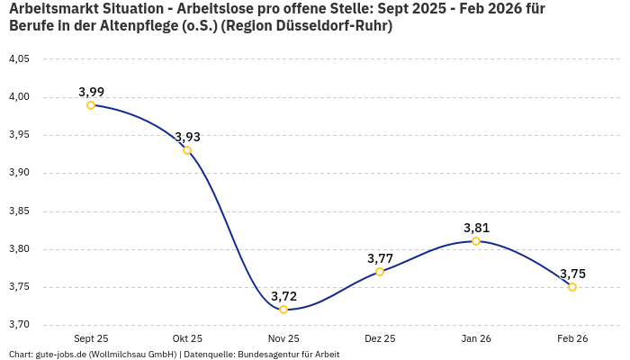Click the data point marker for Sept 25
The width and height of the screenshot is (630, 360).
[x=91, y=105]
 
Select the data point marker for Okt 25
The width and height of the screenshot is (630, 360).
[x=187, y=150]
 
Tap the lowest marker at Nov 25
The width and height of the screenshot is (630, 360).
[x=283, y=310]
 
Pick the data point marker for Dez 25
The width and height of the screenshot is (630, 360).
[x=380, y=272]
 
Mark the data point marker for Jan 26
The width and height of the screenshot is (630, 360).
[x=476, y=241]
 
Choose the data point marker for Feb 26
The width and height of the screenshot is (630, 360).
[x=572, y=287]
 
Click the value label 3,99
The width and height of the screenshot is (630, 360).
[x=91, y=92]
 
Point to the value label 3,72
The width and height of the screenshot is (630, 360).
[x=283, y=296]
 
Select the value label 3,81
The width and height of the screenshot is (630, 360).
[x=476, y=228]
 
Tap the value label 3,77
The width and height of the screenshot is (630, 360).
[x=380, y=258]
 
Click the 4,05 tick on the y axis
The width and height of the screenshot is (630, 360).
[x=19, y=59]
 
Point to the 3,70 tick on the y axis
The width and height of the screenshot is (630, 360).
[x=19, y=325]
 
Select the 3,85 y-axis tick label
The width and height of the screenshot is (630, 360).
[x=19, y=211]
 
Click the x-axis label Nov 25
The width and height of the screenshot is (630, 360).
[x=283, y=339]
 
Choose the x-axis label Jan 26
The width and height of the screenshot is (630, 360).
[x=476, y=339]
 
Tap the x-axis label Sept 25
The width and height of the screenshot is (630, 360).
[x=91, y=339]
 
